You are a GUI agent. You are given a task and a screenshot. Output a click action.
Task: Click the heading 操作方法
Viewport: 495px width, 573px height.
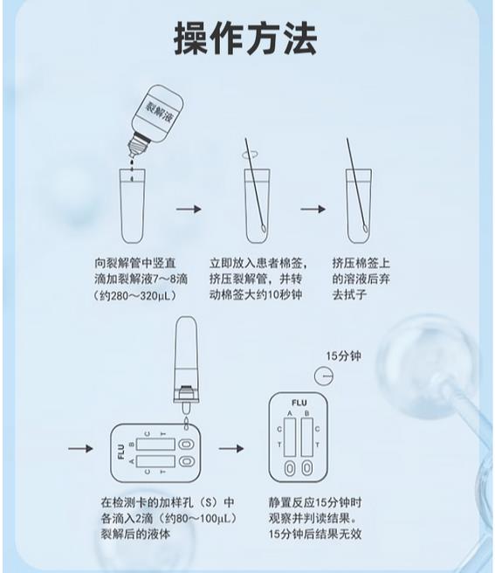click(x=245, y=38)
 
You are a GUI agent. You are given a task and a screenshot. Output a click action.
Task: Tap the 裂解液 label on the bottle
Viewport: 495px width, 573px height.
click(x=159, y=112)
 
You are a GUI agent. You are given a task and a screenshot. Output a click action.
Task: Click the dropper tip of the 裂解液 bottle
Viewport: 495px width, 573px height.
click(x=132, y=154)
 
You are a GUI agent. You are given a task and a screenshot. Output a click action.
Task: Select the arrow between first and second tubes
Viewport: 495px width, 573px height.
click(x=189, y=209)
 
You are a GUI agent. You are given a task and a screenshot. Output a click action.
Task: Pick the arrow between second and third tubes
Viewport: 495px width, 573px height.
click(x=313, y=209)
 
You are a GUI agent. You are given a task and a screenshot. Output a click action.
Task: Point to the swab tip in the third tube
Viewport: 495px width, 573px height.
click(x=365, y=228)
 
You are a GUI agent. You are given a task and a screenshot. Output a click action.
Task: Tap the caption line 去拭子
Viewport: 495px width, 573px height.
click(x=349, y=295)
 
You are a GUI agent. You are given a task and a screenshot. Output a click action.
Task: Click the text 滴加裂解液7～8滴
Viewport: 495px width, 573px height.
click(x=141, y=280)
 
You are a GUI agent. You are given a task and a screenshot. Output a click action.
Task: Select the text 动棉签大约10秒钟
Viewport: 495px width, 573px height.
click(x=256, y=295)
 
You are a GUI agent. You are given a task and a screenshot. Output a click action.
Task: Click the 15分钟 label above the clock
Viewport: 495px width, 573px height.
click(x=343, y=356)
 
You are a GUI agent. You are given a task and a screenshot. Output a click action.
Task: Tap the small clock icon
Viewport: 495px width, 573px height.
click(x=324, y=376)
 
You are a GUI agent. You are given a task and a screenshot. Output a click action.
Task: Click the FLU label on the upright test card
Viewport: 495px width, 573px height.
click(x=299, y=403)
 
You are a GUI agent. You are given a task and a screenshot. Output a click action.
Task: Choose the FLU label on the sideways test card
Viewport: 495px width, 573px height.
click(x=121, y=452)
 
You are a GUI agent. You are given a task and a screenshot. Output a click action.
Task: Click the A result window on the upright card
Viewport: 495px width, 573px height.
click(x=290, y=437)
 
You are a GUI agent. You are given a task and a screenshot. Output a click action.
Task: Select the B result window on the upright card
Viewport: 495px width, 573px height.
click(x=306, y=437)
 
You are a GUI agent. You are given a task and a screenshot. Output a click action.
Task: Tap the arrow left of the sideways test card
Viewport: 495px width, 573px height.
click(x=80, y=448)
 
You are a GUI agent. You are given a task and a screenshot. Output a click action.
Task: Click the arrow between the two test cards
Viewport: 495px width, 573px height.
click(x=231, y=448)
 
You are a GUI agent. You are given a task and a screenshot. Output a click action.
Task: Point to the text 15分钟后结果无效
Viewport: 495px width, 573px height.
click(x=315, y=534)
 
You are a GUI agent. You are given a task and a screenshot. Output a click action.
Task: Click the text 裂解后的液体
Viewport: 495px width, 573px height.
click(x=135, y=534)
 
